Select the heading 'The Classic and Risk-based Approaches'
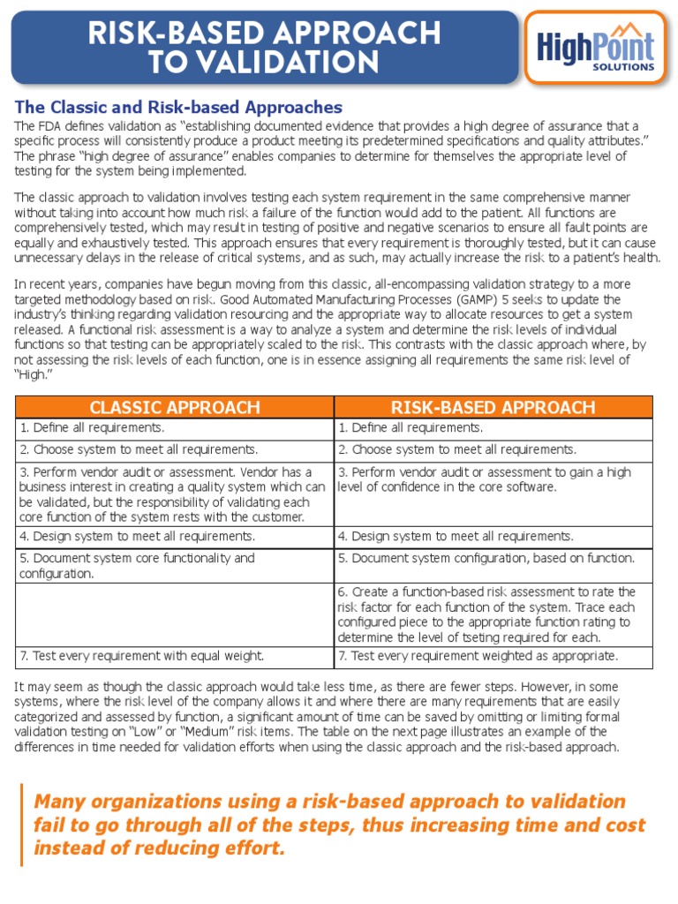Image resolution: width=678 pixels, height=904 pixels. coord(178,108)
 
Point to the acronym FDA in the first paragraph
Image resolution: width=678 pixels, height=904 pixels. coord(55,126)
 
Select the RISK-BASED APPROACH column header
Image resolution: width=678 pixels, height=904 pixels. coord(493,407)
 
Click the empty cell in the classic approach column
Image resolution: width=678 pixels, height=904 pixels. coord(174,614)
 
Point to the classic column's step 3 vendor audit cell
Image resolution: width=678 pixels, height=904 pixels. coord(174,494)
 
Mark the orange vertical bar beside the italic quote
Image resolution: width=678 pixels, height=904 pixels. coord(22,825)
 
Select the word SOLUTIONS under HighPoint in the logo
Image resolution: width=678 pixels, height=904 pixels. coord(624,66)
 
